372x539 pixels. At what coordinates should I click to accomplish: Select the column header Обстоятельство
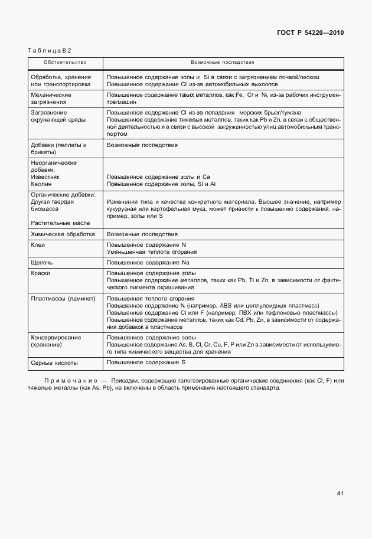(x=65, y=62)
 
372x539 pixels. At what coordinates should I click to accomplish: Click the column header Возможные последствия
(x=222, y=62)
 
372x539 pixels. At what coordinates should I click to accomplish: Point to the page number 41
(x=340, y=493)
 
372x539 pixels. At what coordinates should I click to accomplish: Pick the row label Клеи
(x=38, y=244)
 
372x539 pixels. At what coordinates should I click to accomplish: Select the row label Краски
(x=42, y=274)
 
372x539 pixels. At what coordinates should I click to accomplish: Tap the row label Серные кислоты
(x=54, y=362)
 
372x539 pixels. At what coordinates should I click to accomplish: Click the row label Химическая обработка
(x=62, y=234)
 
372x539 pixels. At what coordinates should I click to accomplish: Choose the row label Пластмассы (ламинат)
(x=63, y=299)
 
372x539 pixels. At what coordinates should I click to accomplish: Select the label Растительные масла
(x=60, y=223)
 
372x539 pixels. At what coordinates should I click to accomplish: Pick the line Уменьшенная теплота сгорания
(x=148, y=251)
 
